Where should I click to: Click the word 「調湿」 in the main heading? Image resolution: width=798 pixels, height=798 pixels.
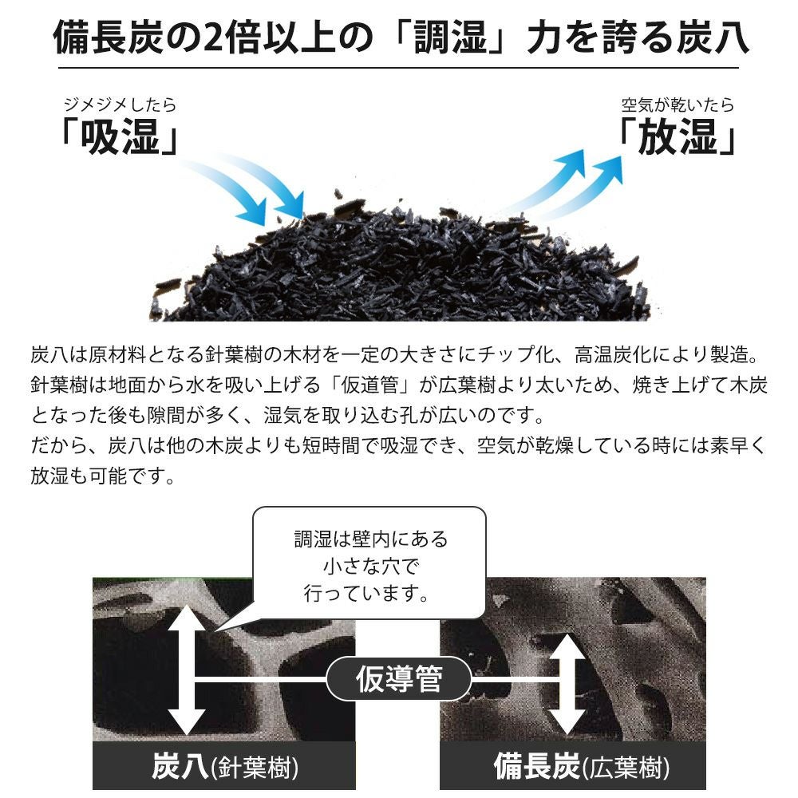[450, 38]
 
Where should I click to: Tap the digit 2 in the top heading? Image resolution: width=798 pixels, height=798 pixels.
[213, 38]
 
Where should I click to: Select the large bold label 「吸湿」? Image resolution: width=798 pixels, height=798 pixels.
[120, 136]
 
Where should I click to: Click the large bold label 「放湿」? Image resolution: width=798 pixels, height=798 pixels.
[678, 136]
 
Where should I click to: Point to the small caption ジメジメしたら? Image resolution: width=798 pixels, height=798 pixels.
[120, 105]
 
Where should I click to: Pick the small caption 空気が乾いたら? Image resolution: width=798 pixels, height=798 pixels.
[678, 105]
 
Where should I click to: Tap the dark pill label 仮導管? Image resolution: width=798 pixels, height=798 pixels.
[398, 679]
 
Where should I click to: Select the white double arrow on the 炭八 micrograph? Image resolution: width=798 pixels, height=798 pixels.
[186, 670]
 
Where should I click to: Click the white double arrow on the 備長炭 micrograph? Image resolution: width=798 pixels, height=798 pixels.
[567, 684]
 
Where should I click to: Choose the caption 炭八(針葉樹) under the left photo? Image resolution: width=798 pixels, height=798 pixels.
[224, 767]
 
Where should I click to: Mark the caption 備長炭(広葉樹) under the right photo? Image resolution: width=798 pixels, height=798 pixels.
[582, 767]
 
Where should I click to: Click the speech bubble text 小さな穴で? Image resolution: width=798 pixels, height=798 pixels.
[370, 566]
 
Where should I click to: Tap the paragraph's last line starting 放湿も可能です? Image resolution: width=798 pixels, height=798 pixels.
[103, 476]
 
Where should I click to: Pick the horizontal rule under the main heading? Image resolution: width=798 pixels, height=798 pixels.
[398, 68]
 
